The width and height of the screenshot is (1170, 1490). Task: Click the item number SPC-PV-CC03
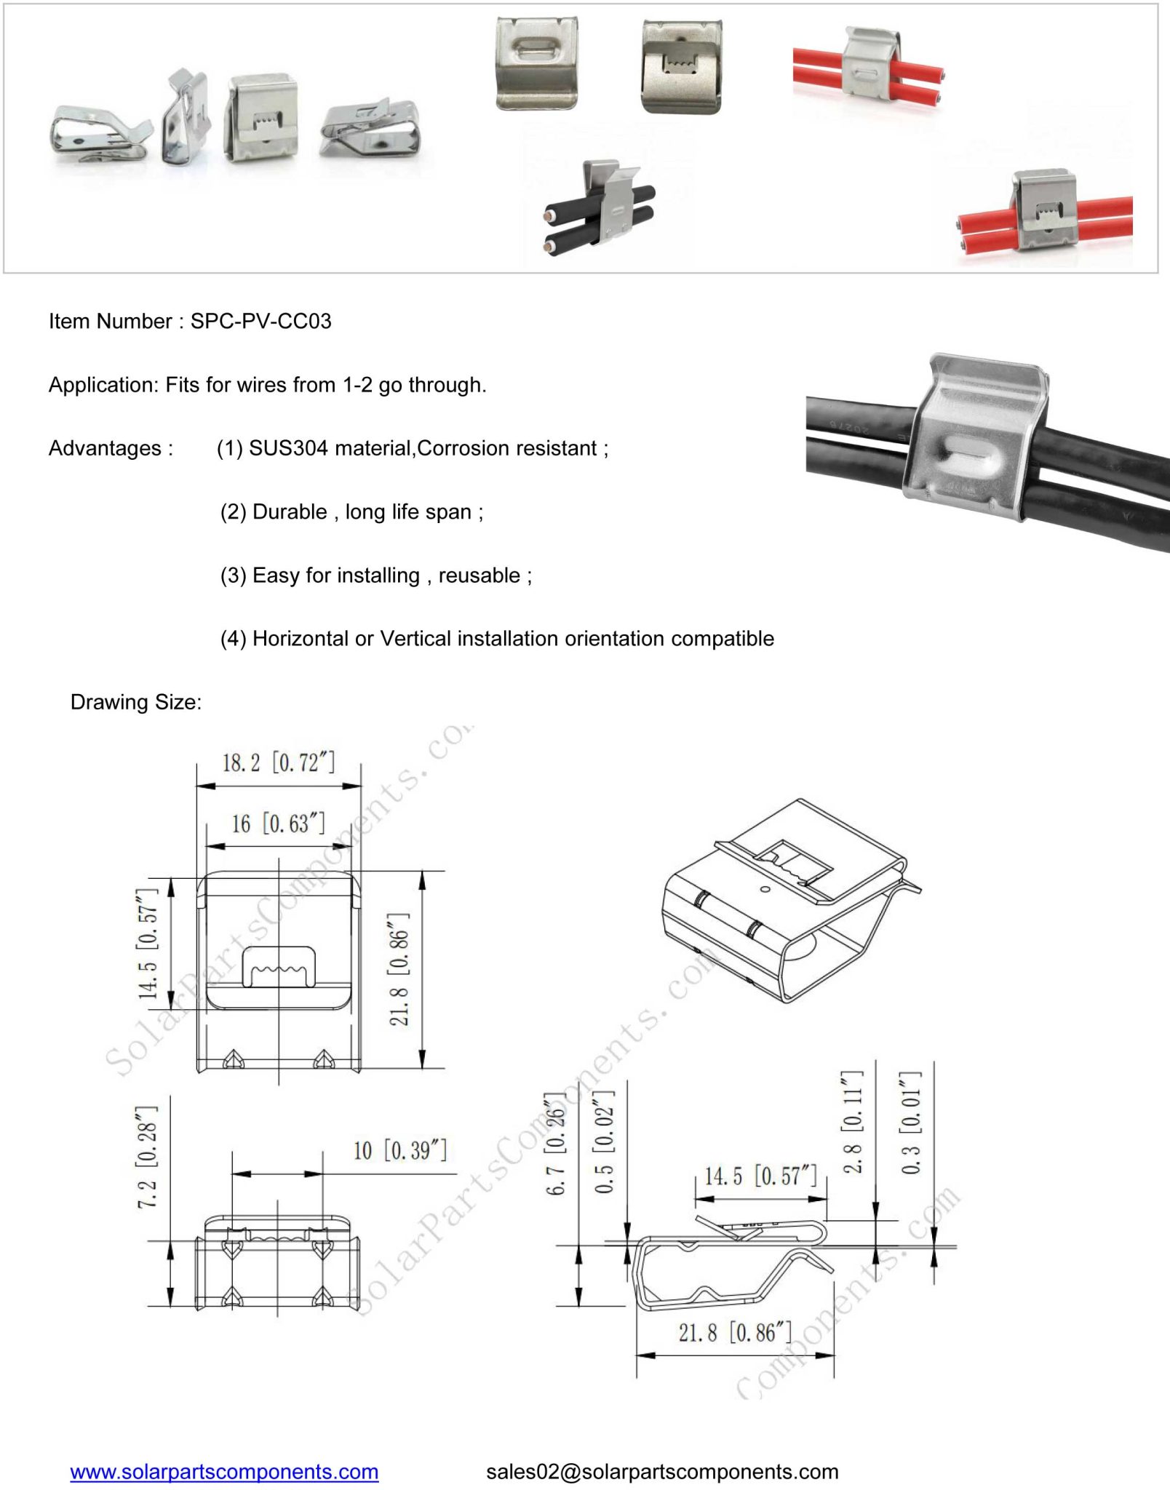click(260, 321)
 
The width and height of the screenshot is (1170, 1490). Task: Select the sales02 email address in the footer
click(662, 1471)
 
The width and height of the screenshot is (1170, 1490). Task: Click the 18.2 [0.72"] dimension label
click(278, 762)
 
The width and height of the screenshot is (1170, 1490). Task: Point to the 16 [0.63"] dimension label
click(278, 824)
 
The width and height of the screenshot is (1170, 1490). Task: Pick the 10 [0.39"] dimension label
click(399, 1150)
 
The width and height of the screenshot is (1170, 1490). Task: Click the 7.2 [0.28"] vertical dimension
click(148, 1157)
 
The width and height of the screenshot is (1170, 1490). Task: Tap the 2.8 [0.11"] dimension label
click(853, 1121)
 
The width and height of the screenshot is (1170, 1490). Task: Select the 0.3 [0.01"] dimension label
click(911, 1121)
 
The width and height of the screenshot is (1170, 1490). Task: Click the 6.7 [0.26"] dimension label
click(556, 1144)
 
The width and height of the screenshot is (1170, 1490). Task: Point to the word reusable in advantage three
click(479, 575)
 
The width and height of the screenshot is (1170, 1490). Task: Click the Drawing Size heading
click(136, 702)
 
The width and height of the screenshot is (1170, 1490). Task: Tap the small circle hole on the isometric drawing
click(764, 889)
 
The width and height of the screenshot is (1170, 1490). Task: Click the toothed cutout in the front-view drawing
click(278, 966)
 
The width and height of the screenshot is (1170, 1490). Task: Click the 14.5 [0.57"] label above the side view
click(760, 1176)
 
